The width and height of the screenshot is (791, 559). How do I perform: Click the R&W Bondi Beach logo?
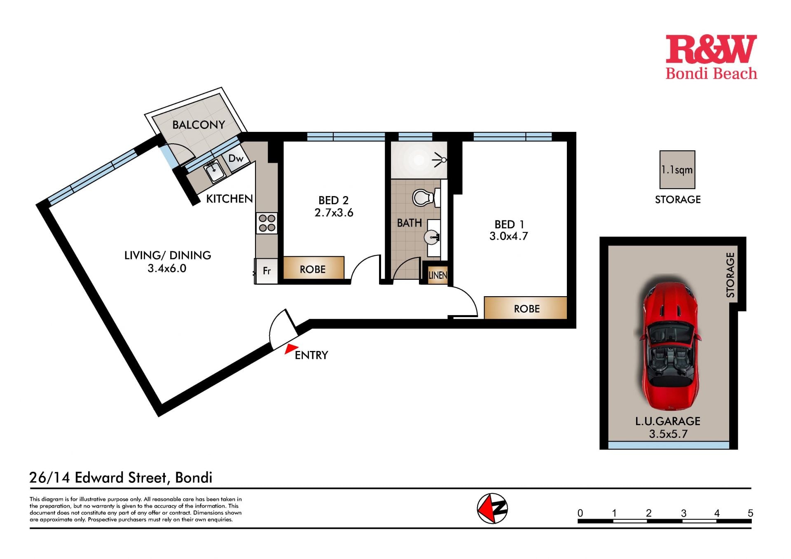[x=711, y=57]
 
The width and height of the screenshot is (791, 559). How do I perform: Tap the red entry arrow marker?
[x=291, y=348]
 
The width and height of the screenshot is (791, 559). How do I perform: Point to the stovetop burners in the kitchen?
[x=267, y=223]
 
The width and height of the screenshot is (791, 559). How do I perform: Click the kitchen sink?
[x=214, y=171]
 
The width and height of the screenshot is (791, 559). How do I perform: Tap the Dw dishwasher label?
[x=236, y=158]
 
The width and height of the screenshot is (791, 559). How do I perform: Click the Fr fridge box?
[x=267, y=271]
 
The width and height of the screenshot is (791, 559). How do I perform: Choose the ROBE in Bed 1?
[x=526, y=308]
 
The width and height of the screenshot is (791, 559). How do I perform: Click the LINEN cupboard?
[x=437, y=275]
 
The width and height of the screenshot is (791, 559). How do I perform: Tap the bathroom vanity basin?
[x=432, y=237]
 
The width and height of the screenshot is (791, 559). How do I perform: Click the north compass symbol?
[x=492, y=508]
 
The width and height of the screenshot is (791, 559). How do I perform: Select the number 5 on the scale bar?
[x=750, y=513]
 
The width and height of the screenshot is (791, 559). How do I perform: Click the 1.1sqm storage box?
[x=677, y=170]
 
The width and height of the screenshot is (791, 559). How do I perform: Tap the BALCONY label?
[x=199, y=124]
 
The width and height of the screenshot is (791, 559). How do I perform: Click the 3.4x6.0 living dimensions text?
[x=167, y=268]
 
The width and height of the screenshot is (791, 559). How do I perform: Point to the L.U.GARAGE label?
[x=668, y=421]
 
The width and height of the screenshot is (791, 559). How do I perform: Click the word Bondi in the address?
[x=194, y=477]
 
